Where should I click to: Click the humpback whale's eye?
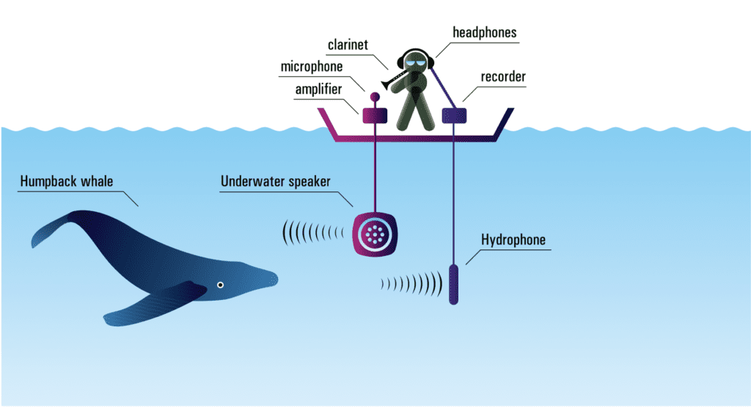click(219, 285)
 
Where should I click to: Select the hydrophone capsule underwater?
click(453, 284)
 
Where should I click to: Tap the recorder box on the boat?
click(455, 114)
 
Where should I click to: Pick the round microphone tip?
click(375, 97)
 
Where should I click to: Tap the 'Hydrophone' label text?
click(513, 240)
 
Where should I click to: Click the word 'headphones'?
click(484, 32)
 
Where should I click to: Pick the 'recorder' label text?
click(503, 76)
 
